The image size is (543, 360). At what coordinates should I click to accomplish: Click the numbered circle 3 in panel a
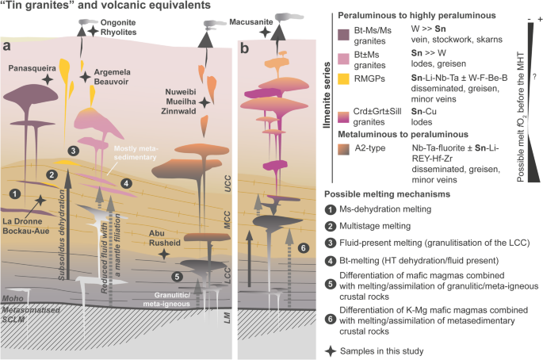(73, 150)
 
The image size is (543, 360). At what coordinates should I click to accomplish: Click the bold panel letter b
(245, 48)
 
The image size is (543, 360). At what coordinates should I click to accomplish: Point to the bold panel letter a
(6, 47)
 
